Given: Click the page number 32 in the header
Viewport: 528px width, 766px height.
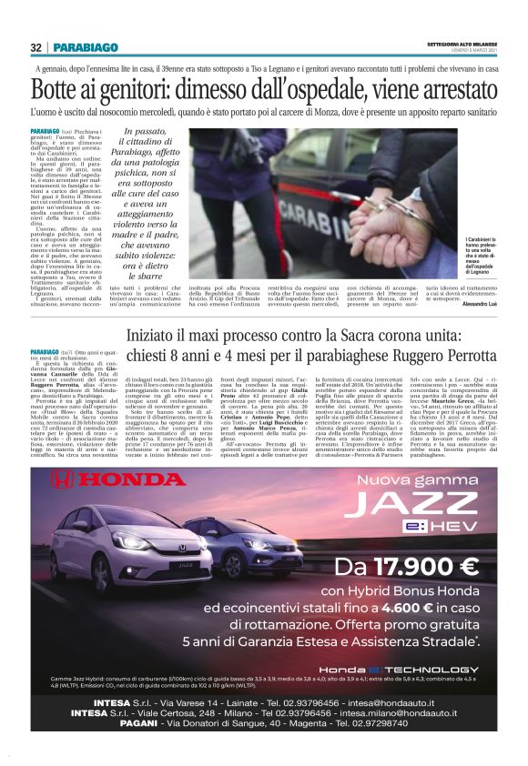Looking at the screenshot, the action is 36,47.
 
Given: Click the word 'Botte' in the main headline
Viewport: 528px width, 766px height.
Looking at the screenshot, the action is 61,91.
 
